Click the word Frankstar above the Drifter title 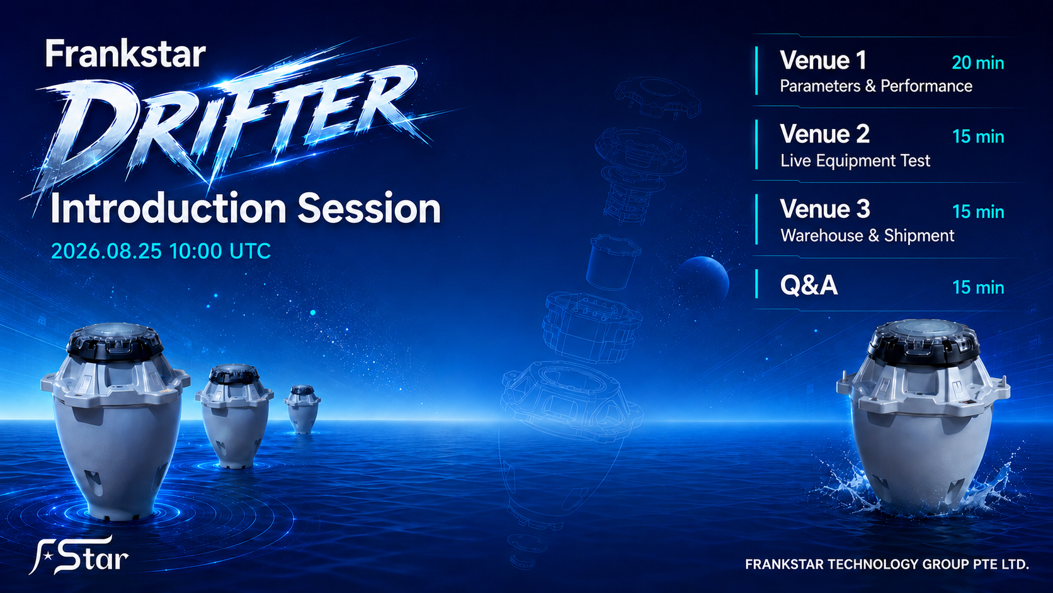click(125, 54)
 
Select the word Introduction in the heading click(168, 208)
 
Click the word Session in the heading click(370, 208)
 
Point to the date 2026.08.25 click(106, 251)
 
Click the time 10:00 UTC click(220, 251)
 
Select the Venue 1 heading click(823, 60)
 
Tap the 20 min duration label click(978, 63)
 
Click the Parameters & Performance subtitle click(876, 86)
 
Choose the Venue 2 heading click(825, 134)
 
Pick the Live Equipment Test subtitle click(855, 161)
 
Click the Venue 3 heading click(825, 209)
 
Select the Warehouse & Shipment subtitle click(867, 236)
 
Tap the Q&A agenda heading click(809, 285)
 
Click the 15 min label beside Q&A click(978, 287)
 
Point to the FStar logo click(79, 555)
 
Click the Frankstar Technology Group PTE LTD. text click(887, 564)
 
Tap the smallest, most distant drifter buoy click(302, 409)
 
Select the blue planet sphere click(703, 280)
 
